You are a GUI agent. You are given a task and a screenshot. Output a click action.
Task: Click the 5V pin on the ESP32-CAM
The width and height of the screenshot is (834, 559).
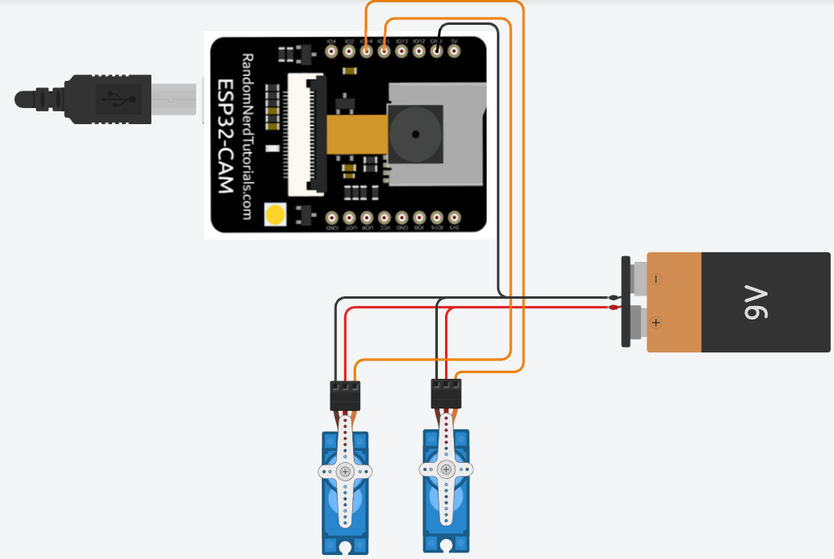[455, 51]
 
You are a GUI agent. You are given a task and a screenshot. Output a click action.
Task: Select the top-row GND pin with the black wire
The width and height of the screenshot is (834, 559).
[437, 51]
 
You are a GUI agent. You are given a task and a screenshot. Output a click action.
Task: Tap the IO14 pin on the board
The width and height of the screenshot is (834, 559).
[367, 51]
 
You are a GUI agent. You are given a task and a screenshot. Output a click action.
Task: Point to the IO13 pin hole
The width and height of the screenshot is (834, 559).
[402, 51]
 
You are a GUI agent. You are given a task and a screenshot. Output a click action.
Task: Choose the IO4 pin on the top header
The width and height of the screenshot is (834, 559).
[331, 51]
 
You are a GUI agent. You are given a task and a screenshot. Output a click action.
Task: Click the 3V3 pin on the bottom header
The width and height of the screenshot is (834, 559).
[455, 217]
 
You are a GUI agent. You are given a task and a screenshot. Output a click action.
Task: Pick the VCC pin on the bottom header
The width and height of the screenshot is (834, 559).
[384, 217]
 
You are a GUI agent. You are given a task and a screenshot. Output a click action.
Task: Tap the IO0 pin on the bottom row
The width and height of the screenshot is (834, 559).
[419, 217]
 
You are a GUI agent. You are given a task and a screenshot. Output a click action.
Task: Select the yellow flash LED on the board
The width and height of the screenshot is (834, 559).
[275, 215]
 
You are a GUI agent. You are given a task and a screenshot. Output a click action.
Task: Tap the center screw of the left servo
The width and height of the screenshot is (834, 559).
[345, 472]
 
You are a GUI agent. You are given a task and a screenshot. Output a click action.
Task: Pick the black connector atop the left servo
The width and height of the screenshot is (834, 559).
[345, 395]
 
